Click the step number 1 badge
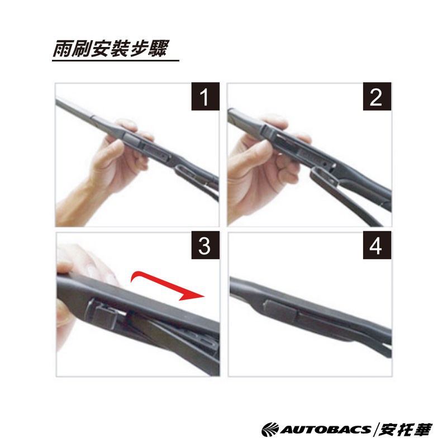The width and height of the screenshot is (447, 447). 205,96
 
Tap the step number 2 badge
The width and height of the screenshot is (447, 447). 377,96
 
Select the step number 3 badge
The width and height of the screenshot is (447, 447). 205,245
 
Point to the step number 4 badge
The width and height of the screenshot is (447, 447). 377,245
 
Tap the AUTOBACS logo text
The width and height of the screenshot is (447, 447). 326,429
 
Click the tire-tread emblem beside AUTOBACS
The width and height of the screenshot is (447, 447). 270,430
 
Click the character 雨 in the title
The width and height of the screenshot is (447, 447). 62,49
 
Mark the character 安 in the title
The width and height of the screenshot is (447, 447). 101,49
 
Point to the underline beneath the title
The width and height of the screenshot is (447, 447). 116,60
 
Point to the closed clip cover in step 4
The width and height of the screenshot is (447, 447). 281,310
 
